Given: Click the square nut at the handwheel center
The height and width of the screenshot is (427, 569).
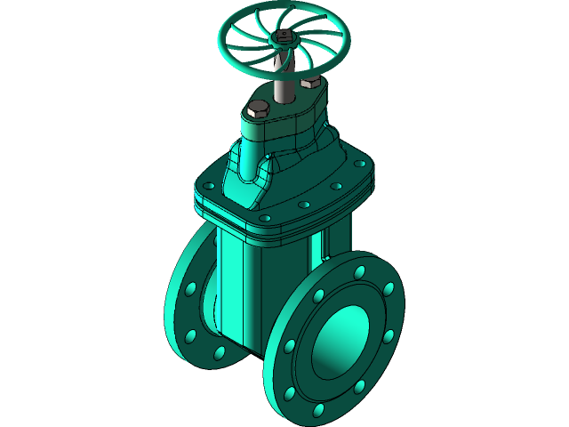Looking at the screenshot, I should [284, 36].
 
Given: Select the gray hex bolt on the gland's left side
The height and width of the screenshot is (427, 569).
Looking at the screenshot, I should [257, 110].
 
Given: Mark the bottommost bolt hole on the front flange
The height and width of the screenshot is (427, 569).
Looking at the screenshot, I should [318, 410].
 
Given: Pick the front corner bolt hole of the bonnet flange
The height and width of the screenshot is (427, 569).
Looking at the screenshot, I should [264, 216].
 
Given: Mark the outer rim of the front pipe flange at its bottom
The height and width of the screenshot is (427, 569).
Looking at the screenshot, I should [302, 415].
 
